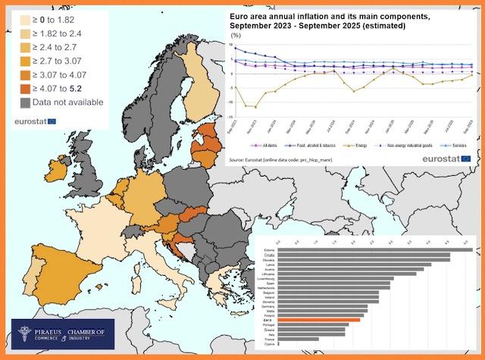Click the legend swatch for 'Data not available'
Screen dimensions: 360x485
point(25,102)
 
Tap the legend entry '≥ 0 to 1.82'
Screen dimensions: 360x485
point(64,19)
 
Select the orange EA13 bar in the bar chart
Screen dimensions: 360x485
point(318,321)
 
